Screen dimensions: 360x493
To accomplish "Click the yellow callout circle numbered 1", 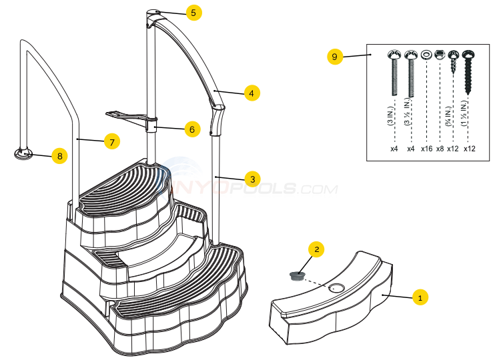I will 419,297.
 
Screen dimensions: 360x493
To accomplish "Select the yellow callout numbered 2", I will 318,249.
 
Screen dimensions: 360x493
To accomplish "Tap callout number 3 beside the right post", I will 251,179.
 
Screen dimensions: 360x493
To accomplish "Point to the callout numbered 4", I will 251,93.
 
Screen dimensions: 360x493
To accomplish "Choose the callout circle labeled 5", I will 193,13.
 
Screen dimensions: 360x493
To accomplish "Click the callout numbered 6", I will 191,129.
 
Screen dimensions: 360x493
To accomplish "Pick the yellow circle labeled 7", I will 112,141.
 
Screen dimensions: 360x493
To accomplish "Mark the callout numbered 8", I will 59,156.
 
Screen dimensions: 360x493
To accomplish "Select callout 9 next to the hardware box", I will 336,57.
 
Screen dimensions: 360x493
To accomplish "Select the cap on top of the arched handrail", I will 153,13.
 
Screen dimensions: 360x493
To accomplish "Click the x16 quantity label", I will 426,149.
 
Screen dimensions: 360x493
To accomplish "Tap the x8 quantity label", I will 440,149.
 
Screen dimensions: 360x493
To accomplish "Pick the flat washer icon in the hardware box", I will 426,54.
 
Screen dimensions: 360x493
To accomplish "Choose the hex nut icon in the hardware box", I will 440,53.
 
